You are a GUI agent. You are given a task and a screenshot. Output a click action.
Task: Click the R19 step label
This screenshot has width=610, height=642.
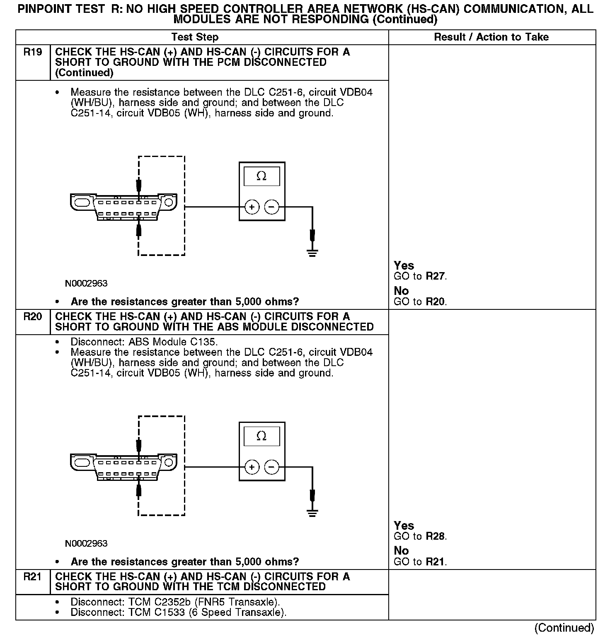(33, 52)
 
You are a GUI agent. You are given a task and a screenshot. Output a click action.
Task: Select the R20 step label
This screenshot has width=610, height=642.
(33, 317)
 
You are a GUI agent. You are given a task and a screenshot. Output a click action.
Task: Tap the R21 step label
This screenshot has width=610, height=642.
(33, 577)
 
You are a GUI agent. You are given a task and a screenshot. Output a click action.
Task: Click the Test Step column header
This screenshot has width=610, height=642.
(195, 37)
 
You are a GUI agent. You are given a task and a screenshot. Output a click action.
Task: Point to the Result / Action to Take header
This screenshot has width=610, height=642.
(491, 37)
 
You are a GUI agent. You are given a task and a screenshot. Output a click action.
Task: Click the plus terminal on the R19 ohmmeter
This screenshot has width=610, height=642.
(252, 207)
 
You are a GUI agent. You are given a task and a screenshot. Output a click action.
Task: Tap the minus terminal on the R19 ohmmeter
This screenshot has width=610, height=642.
(272, 207)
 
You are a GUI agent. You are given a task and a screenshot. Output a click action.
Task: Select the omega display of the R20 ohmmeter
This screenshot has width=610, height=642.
(261, 436)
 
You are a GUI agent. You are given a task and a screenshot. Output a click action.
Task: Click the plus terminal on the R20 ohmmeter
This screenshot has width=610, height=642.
(252, 467)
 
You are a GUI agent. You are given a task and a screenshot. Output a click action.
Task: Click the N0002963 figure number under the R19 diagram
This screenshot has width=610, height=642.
(86, 284)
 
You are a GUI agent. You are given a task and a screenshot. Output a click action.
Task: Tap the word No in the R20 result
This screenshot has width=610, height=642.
(401, 551)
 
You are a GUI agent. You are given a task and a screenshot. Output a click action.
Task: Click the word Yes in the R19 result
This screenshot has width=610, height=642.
(404, 265)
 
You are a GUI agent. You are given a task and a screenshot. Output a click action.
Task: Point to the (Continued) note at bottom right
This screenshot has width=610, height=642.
(564, 628)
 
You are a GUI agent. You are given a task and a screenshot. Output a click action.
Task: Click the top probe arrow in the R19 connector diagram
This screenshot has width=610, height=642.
(139, 184)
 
